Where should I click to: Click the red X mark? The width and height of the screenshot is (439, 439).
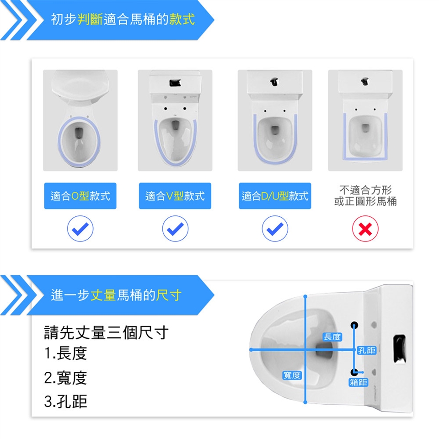click(365, 229)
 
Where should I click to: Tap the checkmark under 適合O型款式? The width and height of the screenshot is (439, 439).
click(80, 229)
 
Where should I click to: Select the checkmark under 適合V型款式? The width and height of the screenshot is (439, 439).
click(175, 229)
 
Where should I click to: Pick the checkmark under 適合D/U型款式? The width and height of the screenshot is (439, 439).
click(275, 229)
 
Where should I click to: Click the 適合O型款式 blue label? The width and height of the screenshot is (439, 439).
click(80, 196)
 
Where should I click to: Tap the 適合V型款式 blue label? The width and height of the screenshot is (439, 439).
click(175, 196)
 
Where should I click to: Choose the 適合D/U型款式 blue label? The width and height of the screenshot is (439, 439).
click(275, 196)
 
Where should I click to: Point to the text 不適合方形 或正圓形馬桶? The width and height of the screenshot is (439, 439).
click(365, 195)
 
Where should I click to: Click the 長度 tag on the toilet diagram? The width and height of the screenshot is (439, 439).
click(332, 337)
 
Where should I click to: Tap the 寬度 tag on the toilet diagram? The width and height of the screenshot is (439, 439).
click(292, 375)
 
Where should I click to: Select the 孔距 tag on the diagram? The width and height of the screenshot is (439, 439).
click(366, 350)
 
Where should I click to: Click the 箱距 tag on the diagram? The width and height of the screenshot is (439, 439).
click(359, 382)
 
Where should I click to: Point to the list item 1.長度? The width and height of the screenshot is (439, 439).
click(65, 353)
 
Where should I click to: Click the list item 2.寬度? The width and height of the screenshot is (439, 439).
click(65, 378)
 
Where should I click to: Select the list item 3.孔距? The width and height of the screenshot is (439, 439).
click(65, 402)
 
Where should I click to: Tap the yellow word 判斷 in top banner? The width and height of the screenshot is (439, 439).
click(90, 19)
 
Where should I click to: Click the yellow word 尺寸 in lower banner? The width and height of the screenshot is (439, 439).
click(169, 295)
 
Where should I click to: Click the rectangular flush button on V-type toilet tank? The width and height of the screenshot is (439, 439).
click(175, 83)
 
